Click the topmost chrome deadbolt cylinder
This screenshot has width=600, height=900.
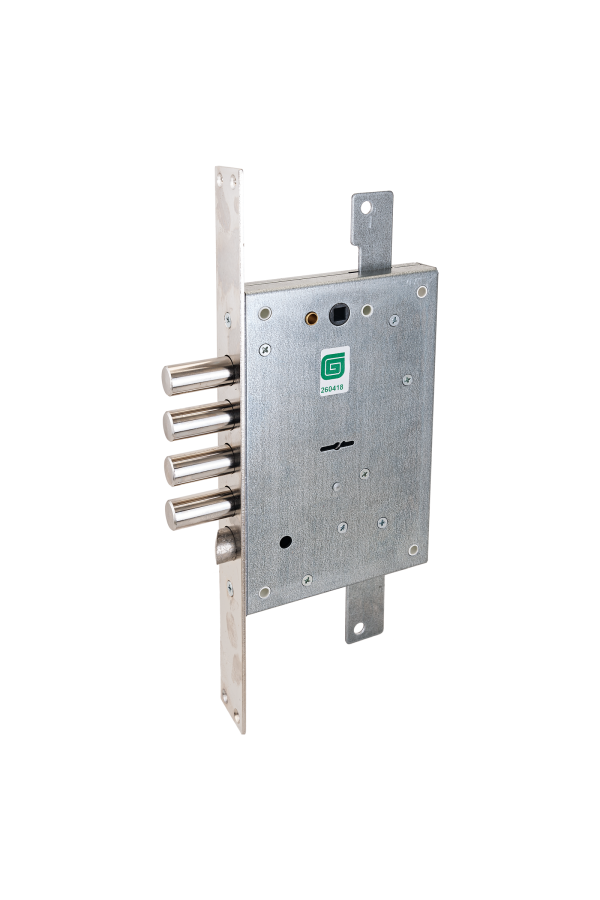[x=200, y=375]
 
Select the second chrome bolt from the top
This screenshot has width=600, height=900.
[x=201, y=421]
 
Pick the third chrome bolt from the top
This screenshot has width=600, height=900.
[x=202, y=465]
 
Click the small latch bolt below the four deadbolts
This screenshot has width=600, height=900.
[x=227, y=545]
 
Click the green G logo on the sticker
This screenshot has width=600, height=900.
[x=333, y=366]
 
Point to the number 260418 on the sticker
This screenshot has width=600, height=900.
[x=332, y=388]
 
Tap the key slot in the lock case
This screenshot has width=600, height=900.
[x=336, y=446]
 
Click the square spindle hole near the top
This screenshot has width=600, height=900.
[x=339, y=315]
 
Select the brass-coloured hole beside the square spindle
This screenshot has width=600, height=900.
[x=311, y=318]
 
